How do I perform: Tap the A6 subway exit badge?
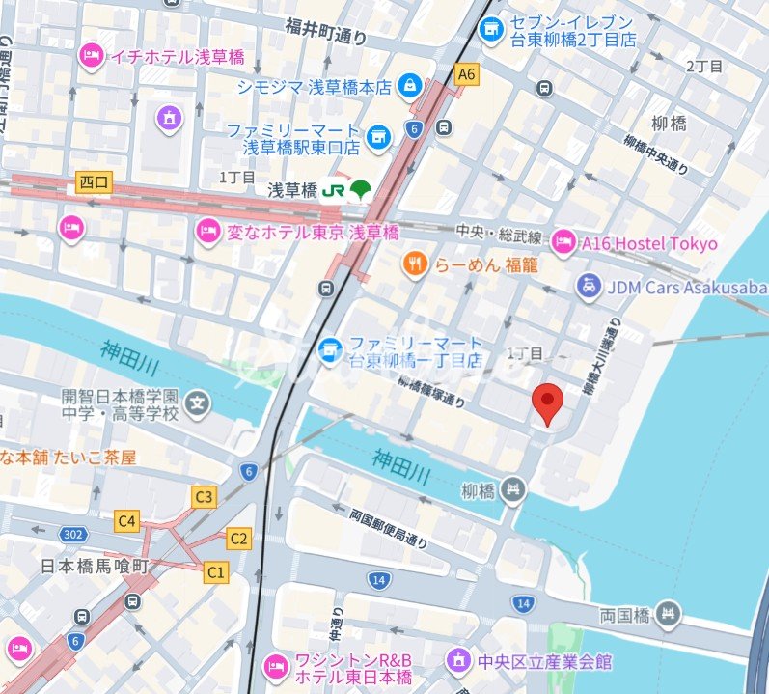pyautogui.click(x=467, y=74)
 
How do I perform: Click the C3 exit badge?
pyautogui.click(x=203, y=498)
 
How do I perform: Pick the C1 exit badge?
pyautogui.click(x=216, y=572)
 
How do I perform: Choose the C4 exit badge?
pyautogui.click(x=127, y=521)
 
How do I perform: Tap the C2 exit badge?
pyautogui.click(x=239, y=538)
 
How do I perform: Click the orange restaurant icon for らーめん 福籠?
pyautogui.click(x=414, y=264)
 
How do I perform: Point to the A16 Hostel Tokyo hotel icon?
pyautogui.click(x=563, y=243)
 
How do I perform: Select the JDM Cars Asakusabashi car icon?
pyautogui.click(x=587, y=286)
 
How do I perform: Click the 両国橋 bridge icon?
pyautogui.click(x=667, y=613)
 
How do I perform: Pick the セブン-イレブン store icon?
pyautogui.click(x=491, y=29)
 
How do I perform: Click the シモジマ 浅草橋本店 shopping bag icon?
pyautogui.click(x=411, y=87)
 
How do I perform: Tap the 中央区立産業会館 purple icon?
pyautogui.click(x=457, y=661)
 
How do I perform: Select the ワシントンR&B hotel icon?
pyautogui.click(x=276, y=665)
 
